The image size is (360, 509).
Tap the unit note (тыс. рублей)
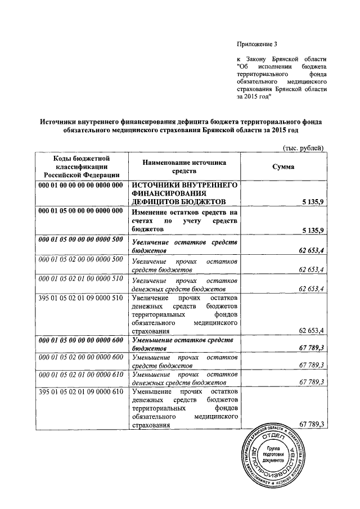coord(302,148)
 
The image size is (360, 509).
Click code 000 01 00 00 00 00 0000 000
coord(80,186)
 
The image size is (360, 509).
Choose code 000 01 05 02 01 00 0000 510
coord(80,280)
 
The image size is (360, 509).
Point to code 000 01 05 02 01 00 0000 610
coord(80,374)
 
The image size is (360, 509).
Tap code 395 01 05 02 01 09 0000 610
coord(80,391)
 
